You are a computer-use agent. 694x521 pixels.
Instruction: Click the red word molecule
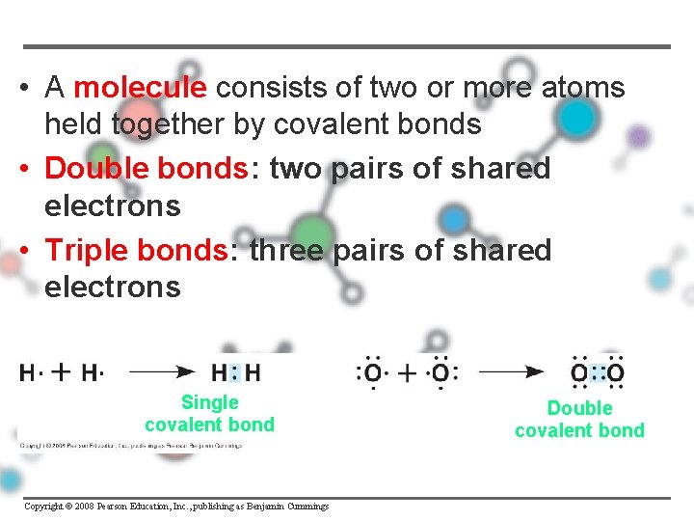pos(140,89)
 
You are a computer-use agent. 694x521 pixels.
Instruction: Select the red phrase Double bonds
pos(146,169)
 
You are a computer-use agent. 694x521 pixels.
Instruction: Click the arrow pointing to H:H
pos(161,370)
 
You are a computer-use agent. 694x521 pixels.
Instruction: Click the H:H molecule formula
pos(236,371)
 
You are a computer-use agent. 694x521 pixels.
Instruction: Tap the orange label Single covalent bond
pos(209,414)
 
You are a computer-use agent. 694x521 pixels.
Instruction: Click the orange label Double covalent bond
pos(579,420)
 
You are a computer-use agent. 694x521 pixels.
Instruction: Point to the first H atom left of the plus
pos(29,372)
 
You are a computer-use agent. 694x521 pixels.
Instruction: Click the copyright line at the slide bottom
pos(176,507)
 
